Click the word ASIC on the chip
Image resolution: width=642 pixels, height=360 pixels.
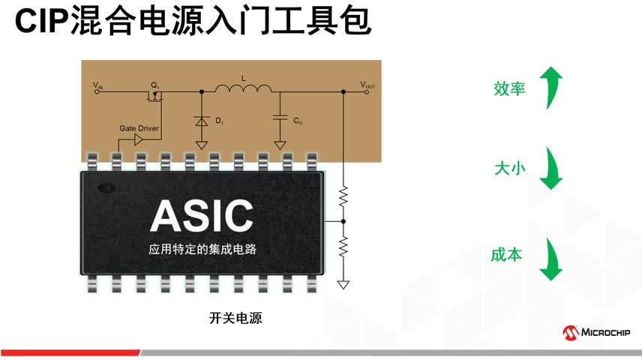click(202, 216)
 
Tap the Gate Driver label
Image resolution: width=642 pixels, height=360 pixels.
click(139, 128)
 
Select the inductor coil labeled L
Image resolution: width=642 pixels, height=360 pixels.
click(243, 90)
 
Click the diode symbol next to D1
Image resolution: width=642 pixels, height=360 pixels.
click(201, 119)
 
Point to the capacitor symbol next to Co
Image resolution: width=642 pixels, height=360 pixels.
click(280, 118)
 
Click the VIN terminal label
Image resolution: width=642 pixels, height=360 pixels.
click(98, 85)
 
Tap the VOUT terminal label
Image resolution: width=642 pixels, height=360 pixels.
click(368, 85)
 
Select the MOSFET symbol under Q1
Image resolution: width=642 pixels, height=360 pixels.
click(154, 94)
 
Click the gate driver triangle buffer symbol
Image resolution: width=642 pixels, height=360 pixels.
click(138, 140)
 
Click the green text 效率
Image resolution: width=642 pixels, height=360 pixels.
click(509, 88)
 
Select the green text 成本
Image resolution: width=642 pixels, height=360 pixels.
click(507, 254)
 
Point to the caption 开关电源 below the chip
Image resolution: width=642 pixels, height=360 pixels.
click(235, 317)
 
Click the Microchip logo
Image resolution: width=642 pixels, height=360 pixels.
click(596, 332)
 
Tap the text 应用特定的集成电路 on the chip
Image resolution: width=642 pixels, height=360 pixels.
click(202, 249)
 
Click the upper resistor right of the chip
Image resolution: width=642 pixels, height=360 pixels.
click(343, 196)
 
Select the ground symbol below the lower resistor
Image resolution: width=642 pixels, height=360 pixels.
click(343, 284)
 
